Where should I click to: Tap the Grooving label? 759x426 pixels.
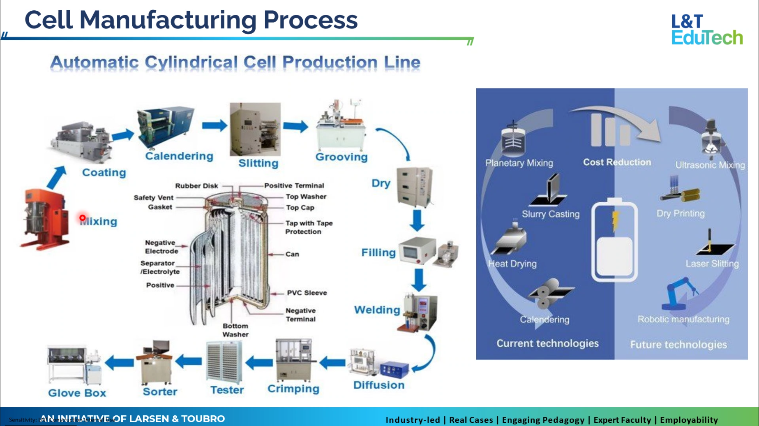tap(341, 157)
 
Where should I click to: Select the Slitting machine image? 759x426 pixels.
tap(255, 129)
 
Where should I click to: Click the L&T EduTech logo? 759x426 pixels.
tap(706, 30)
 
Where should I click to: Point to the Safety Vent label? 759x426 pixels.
tap(153, 198)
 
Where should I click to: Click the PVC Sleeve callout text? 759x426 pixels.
tap(307, 293)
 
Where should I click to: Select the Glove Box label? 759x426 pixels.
tap(77, 393)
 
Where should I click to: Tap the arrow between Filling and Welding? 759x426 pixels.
tap(419, 280)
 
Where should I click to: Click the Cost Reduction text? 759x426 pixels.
tap(617, 162)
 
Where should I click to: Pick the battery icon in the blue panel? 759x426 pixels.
tap(614, 240)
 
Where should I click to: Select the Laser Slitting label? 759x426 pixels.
tap(712, 264)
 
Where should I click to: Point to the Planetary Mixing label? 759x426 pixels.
tap(519, 163)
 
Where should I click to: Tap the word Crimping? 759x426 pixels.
tap(293, 389)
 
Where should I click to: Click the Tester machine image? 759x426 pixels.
tap(224, 362)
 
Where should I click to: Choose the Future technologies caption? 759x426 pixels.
tap(678, 345)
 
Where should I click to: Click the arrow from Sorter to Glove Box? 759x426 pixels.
tap(120, 363)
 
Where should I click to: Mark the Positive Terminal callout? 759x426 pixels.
tap(294, 186)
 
